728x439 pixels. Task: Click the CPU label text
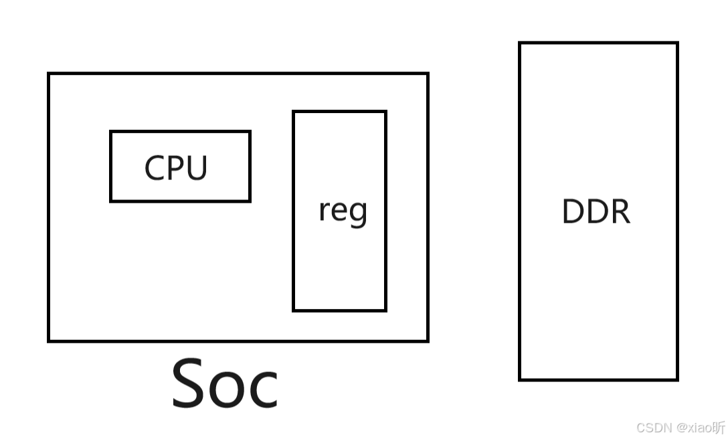176,167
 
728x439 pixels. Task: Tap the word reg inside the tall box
343,211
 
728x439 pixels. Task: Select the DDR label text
596,211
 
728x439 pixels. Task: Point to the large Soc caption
225,383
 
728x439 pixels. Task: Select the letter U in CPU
197,168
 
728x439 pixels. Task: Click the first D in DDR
573,211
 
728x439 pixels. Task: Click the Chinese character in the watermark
719,427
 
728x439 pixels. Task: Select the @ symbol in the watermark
680,428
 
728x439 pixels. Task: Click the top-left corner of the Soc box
49,74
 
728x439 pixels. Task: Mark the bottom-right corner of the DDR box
677,379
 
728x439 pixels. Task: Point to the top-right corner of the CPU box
250,132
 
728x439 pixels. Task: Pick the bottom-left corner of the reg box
294,310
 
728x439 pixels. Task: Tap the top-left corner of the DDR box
520,43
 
